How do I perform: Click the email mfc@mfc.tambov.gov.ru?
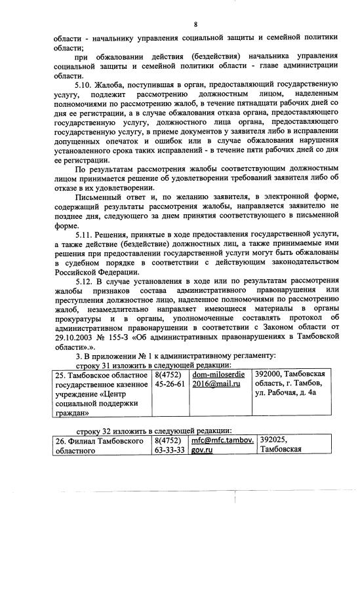click(x=222, y=446)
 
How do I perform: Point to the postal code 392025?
click(x=275, y=441)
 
